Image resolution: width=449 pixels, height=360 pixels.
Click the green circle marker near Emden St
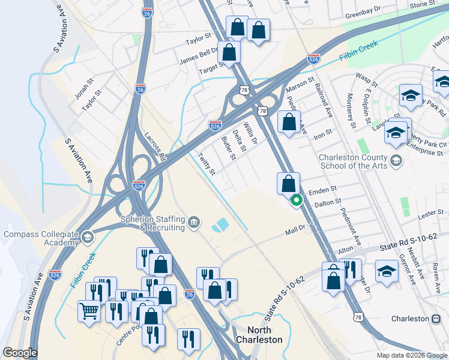[295, 201]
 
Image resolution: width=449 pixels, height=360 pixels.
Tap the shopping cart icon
[89, 311]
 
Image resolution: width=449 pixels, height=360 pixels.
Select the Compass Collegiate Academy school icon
[88, 237]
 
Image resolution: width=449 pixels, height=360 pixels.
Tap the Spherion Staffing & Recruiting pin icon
[194, 223]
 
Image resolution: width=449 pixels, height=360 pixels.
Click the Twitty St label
[206, 163]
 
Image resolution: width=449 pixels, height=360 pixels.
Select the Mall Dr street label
[295, 229]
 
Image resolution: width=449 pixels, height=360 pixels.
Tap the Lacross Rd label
[154, 146]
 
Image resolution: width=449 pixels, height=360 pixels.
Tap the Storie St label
[423, 5]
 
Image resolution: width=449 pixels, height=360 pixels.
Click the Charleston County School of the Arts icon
[396, 160]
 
